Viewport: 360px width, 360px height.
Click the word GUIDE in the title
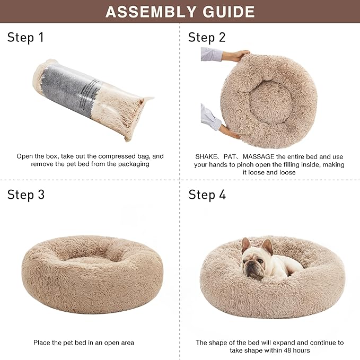(226, 11)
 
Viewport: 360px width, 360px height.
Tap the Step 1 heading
(26, 37)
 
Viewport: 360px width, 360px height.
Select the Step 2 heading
(207, 37)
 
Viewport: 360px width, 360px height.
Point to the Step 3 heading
(26, 194)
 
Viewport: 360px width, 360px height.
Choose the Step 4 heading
(207, 195)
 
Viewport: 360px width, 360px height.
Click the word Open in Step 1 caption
(25, 156)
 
